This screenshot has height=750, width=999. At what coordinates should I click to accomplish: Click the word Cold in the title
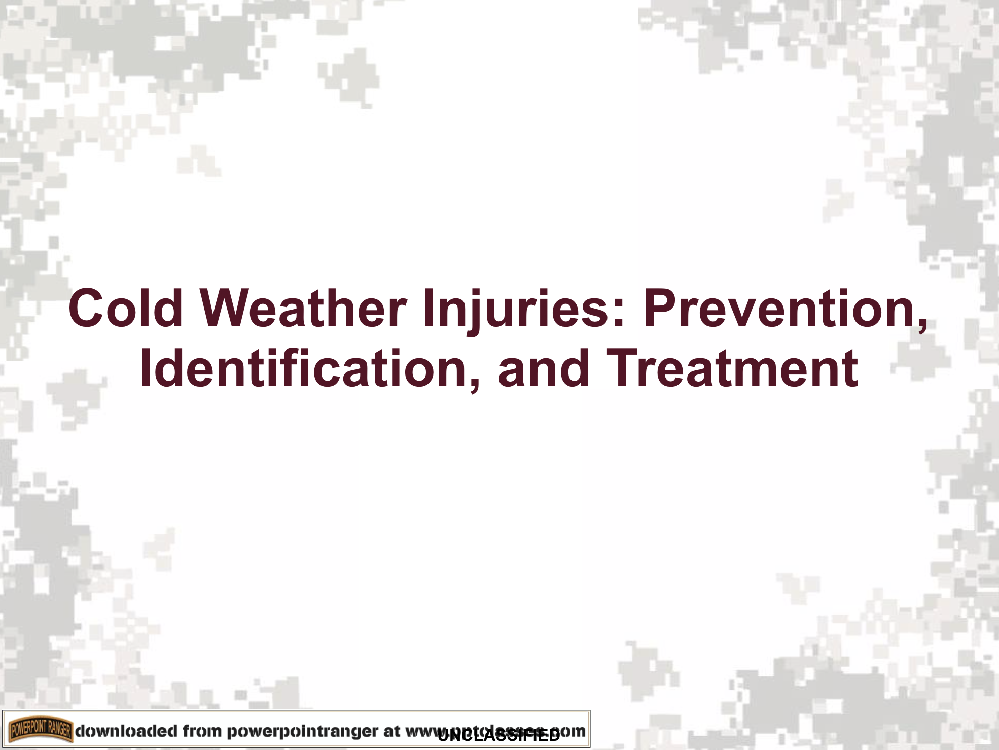point(125,308)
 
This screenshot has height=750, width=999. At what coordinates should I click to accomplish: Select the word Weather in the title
point(303,308)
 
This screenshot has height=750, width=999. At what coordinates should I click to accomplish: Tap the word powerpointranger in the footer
point(302,732)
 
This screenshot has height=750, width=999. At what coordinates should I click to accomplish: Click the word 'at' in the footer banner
point(391,731)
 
